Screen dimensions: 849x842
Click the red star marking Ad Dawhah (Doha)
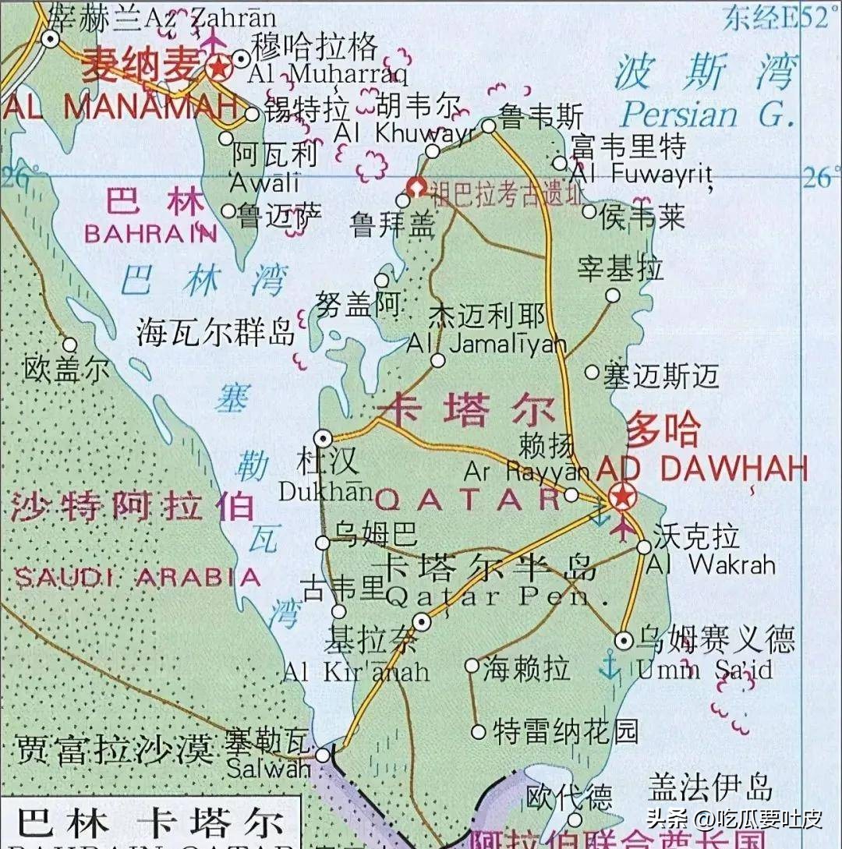(622, 494)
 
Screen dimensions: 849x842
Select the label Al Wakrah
(710, 564)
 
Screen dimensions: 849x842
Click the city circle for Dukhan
(323, 437)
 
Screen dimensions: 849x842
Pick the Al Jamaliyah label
(486, 345)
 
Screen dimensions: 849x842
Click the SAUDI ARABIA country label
(138, 578)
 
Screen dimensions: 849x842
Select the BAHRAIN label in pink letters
(150, 233)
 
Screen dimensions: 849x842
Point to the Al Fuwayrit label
(641, 174)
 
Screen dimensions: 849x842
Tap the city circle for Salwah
(323, 755)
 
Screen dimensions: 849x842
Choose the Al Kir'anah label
(356, 671)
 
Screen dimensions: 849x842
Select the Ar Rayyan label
(527, 472)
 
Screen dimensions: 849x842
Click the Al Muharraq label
(327, 76)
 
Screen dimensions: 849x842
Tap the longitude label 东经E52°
(776, 17)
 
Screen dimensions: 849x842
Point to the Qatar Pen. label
(488, 598)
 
